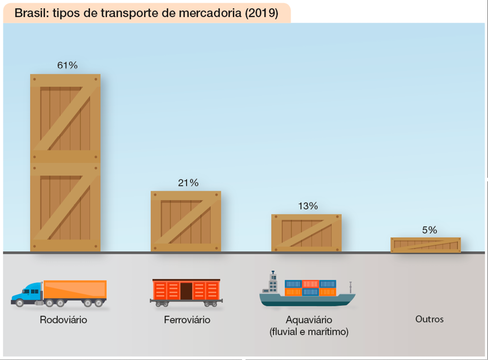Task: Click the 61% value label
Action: tap(67, 65)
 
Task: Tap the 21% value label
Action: tap(188, 183)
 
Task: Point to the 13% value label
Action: tap(308, 206)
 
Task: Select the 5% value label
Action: tap(429, 230)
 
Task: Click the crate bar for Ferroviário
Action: tap(186, 221)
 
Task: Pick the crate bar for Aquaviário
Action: tap(306, 233)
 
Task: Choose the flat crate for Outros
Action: tap(425, 245)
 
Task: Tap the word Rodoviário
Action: tap(63, 320)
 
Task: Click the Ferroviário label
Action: tap(187, 320)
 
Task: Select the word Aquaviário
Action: tap(309, 320)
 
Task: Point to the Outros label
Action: tap(429, 319)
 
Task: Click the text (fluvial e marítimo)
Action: tap(309, 332)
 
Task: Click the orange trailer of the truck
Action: tap(75, 289)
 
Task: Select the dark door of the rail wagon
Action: tap(186, 291)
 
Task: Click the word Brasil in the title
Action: tap(30, 13)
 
